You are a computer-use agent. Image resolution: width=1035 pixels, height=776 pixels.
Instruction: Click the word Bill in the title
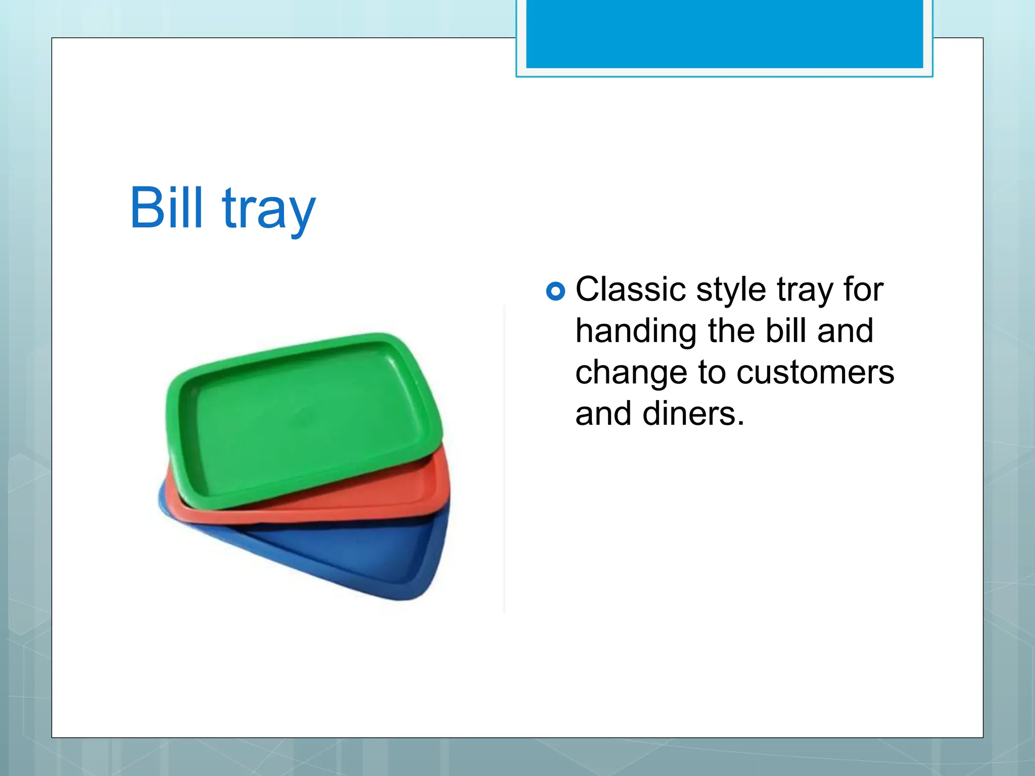click(x=166, y=208)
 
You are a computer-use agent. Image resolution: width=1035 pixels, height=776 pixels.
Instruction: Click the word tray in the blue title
click(x=269, y=210)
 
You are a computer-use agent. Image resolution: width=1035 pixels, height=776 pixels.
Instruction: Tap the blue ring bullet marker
click(x=555, y=291)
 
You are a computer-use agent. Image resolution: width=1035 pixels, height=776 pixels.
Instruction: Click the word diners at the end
click(x=693, y=414)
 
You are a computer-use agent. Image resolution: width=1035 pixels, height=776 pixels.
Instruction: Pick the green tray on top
click(x=303, y=419)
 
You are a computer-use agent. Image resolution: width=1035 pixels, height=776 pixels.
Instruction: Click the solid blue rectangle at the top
click(x=724, y=33)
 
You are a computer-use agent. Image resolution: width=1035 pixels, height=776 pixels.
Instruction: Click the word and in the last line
click(x=603, y=414)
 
